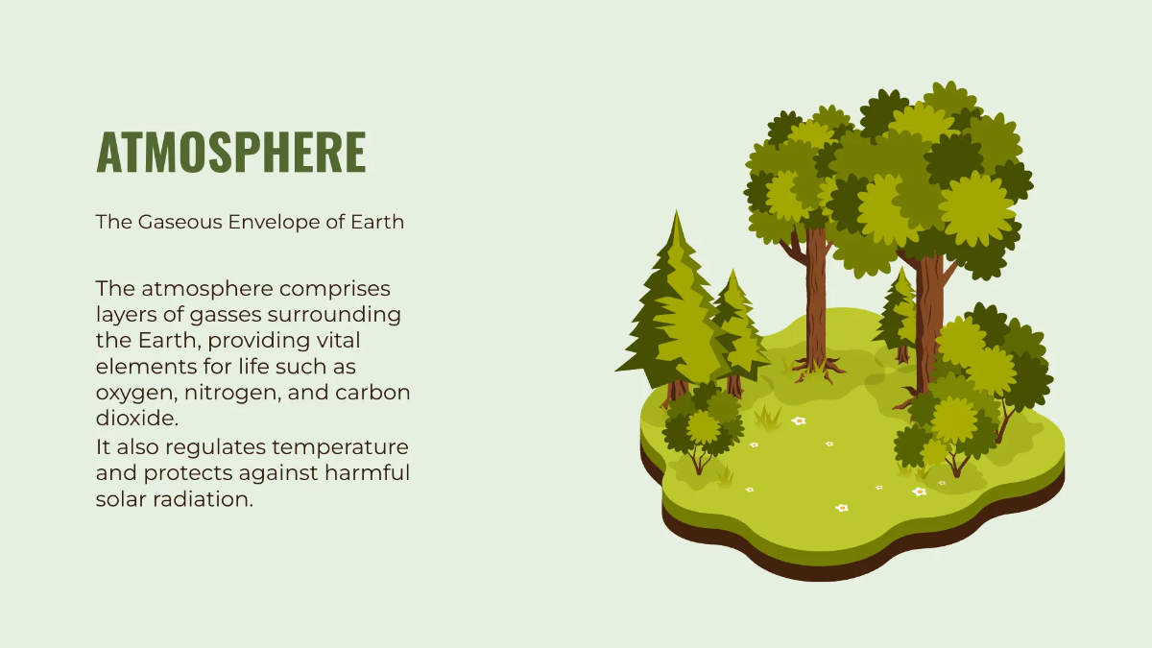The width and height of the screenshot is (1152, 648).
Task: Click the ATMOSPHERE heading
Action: point(230,152)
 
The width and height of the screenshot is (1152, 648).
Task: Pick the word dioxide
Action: point(137,420)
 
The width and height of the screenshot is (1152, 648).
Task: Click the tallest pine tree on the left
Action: point(672,307)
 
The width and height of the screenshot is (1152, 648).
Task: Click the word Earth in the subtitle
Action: point(377,222)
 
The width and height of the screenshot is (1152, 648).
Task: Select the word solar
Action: point(121,499)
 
